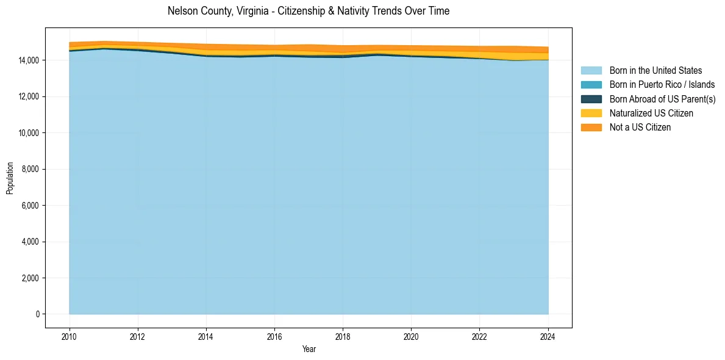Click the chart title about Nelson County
[x=308, y=11]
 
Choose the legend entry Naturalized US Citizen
[x=651, y=113]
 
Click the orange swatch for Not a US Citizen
[x=591, y=127]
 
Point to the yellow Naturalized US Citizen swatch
[x=591, y=113]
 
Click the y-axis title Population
[x=10, y=178]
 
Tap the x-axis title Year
[x=309, y=349]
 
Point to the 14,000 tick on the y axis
[x=28, y=60]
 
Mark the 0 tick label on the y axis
[x=37, y=314]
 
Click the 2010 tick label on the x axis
[x=70, y=336]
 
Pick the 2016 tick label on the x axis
[x=275, y=336]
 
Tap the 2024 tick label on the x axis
[x=548, y=336]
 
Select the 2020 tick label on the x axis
[x=412, y=336]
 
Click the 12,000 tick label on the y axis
[x=28, y=96]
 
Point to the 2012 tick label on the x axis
[x=138, y=336]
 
